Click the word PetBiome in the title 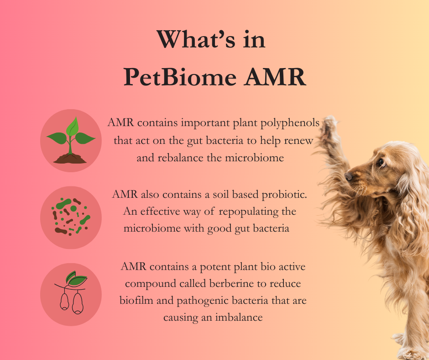pyautogui.click(x=180, y=77)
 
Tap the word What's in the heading pyautogui.click(x=196, y=39)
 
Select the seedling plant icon pyautogui.click(x=71, y=140)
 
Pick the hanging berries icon pyautogui.click(x=71, y=292)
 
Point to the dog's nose pyautogui.click(x=348, y=176)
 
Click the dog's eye pyautogui.click(x=381, y=163)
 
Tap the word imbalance pyautogui.click(x=239, y=317)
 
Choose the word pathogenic pyautogui.click(x=203, y=301)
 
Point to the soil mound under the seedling pyautogui.click(x=70, y=159)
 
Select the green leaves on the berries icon pyautogui.click(x=76, y=278)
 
